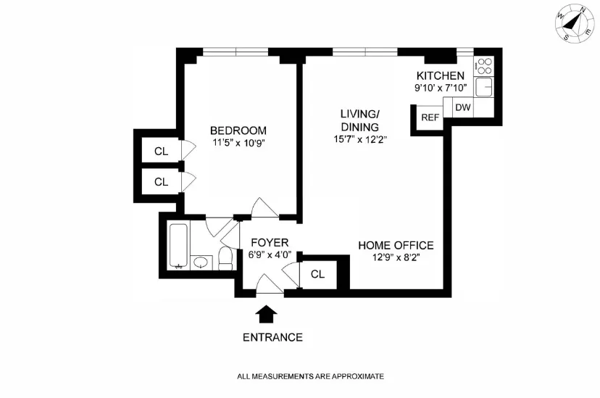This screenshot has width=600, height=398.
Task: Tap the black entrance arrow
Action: [x=267, y=313]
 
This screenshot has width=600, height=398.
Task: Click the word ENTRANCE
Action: [x=272, y=337]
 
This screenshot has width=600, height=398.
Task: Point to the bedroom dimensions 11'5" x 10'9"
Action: [x=238, y=143]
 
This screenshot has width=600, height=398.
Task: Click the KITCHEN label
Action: [x=440, y=76]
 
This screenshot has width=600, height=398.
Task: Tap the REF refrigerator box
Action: [x=430, y=117]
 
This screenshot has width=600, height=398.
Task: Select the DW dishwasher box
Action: [x=462, y=107]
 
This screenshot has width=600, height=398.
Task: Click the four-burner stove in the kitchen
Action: [x=483, y=67]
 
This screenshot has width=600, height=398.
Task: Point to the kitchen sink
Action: [x=483, y=88]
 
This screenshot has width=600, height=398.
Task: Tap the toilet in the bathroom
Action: [x=225, y=257]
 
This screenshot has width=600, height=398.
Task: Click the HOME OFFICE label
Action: [x=396, y=245]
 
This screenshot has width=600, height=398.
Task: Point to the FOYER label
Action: [x=270, y=242]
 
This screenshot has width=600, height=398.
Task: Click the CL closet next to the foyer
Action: [x=317, y=274]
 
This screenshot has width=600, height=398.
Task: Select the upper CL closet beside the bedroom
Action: [x=161, y=152]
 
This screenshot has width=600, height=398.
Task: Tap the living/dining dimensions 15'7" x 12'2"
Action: [x=360, y=139]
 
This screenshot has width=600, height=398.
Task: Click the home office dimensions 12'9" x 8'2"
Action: [x=396, y=257]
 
